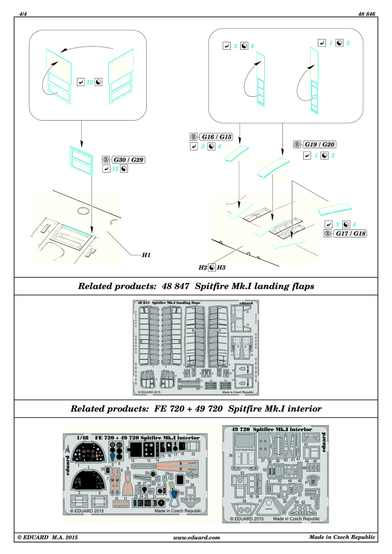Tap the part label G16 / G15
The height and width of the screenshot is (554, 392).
click(215, 137)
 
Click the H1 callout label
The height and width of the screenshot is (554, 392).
click(146, 254)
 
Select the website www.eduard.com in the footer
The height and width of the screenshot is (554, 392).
click(196, 537)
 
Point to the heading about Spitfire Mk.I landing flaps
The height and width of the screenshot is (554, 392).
click(195, 285)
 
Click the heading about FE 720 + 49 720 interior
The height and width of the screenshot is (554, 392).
click(195, 408)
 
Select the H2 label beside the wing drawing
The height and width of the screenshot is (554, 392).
click(203, 267)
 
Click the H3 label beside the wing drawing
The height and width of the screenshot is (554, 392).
click(222, 267)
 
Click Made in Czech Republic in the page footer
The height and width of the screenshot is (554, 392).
click(342, 537)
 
